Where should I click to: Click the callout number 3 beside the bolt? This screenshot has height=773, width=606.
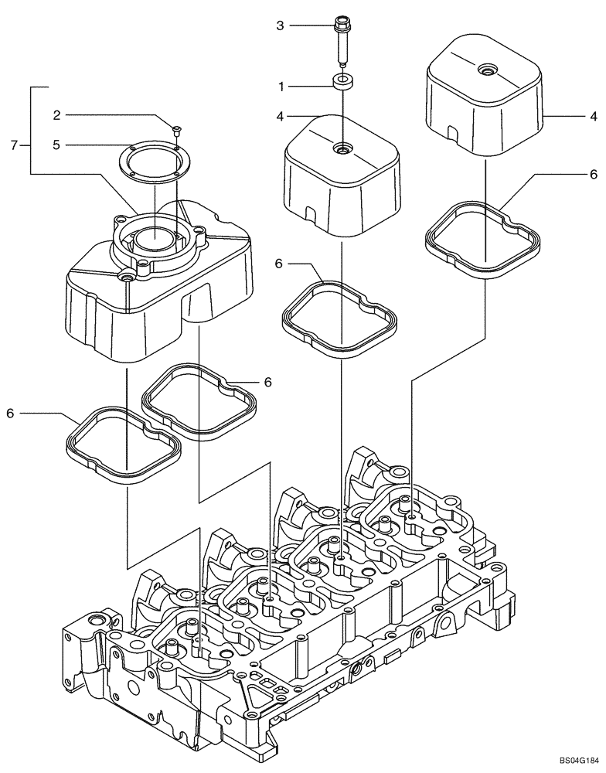pos(281,26)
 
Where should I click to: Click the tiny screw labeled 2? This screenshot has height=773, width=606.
pos(176,128)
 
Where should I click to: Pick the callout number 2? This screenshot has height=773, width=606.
pos(56,115)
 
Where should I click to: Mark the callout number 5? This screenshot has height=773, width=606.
pos(56,145)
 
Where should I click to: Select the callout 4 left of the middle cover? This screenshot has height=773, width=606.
pos(281,116)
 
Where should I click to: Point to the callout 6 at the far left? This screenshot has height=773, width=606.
pos(10,414)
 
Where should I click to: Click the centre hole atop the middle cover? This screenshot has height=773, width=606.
pos(341,147)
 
